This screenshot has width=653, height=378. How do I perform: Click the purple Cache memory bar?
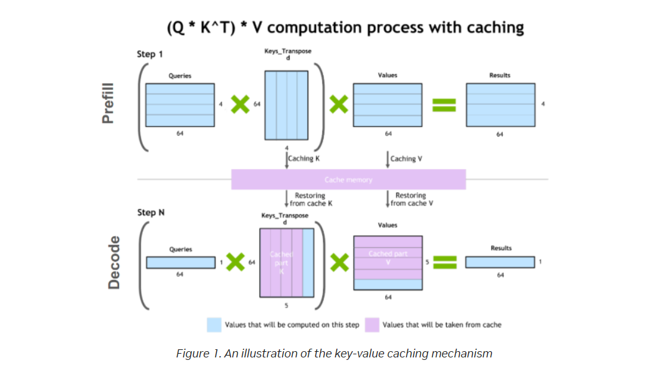point(348,180)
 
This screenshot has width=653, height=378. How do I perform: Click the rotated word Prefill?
point(110,102)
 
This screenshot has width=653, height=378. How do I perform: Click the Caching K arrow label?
point(303,158)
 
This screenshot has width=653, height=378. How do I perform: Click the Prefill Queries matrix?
point(180,104)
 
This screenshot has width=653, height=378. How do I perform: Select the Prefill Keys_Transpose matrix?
point(287,105)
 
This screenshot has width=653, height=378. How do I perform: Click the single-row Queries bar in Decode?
point(180,263)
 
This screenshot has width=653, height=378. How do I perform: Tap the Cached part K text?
point(281,263)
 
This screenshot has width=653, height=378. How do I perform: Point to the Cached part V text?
point(388,258)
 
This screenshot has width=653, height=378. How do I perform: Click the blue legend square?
point(214,325)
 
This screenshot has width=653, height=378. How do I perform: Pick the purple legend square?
point(371,325)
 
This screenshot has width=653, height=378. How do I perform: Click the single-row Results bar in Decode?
point(500,263)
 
